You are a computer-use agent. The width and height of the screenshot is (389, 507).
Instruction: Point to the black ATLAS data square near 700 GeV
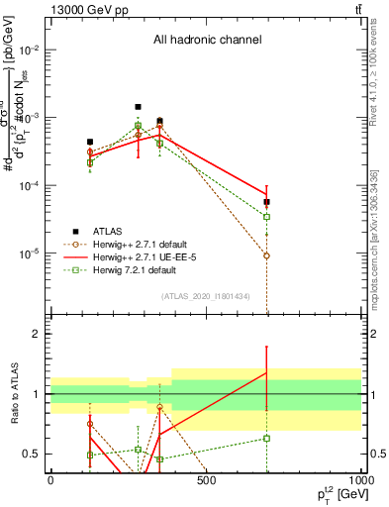tap(266, 202)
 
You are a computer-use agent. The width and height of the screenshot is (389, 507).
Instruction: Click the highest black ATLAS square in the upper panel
tap(138, 106)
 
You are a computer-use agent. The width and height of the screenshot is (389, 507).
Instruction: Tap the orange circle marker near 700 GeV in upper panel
tap(266, 255)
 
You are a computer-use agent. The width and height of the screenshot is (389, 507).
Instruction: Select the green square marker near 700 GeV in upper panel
tap(266, 216)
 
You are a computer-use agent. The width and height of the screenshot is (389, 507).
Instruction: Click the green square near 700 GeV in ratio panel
tap(266, 438)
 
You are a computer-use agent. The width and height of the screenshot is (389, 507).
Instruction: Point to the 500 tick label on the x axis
tap(206, 481)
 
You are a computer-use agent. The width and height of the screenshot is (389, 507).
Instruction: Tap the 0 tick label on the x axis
tap(50, 481)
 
